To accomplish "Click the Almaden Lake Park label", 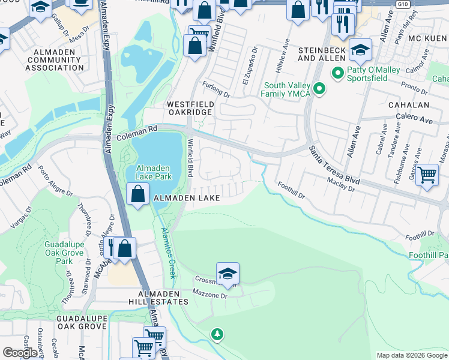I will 154,172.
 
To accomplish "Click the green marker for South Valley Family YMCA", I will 320,89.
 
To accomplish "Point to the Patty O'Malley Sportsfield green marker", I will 337,74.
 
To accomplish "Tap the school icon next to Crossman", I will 228,274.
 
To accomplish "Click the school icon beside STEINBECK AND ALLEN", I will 361,49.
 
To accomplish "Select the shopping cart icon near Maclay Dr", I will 427,175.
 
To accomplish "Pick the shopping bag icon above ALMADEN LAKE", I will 138,194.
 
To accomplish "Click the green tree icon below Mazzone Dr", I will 217,334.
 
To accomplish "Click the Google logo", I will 20,353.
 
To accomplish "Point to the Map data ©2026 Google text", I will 412,355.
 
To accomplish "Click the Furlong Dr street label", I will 216,90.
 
